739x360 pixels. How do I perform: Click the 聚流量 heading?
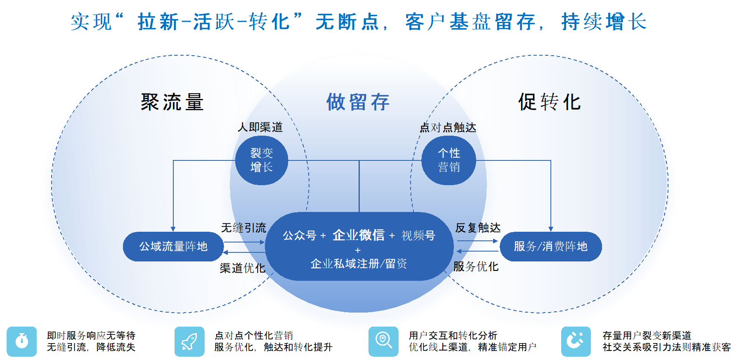pos(172,102)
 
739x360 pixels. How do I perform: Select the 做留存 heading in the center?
pos(358,102)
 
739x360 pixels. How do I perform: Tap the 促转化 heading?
pos(549,102)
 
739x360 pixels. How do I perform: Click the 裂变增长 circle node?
pos(262,160)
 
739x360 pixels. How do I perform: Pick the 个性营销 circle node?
pos(449,160)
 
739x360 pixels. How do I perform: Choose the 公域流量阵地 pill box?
pos(173,247)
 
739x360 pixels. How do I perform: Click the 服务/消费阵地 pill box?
pos(550,247)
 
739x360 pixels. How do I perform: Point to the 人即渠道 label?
pos(260,127)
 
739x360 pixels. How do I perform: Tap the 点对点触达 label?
pos(448,127)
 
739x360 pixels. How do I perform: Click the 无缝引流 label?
pos(243,228)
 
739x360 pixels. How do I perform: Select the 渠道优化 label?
pos(242,268)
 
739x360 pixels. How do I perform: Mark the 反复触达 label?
pos(477,228)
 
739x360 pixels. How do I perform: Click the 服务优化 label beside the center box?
pos(476,266)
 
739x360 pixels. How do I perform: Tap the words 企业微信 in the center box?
pos(358,235)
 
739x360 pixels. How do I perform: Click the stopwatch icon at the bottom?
pos(22,341)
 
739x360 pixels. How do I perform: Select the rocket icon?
pos(189,341)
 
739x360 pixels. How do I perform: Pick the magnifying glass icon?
pos(383,341)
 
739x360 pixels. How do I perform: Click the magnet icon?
pos(576,341)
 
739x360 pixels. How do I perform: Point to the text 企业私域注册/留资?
pos(359,264)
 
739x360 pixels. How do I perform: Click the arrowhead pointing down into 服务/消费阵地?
pos(550,229)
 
